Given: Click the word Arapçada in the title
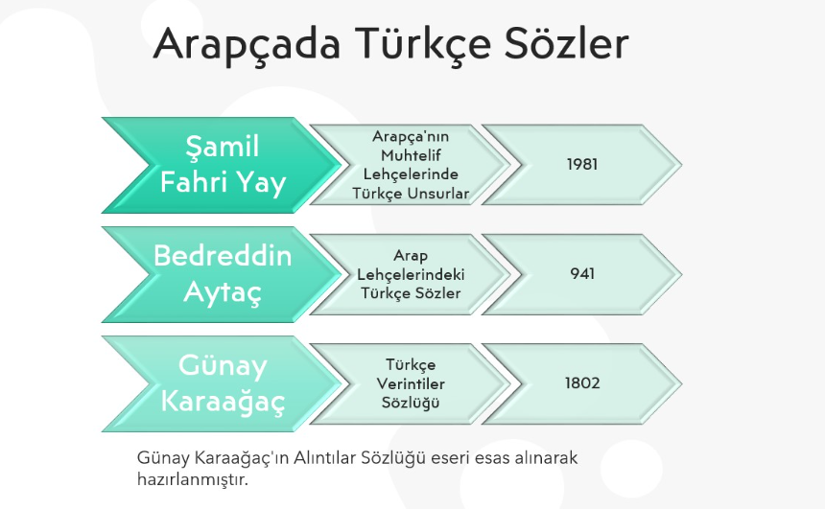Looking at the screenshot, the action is (x=247, y=44).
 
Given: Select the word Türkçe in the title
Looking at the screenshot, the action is (x=422, y=43).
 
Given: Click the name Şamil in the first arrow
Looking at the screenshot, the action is (x=223, y=146).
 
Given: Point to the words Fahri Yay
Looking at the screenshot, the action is (x=223, y=183).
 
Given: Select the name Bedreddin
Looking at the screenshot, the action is (x=223, y=256).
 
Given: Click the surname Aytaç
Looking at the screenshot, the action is (x=223, y=291).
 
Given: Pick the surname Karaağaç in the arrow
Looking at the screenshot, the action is (x=223, y=402).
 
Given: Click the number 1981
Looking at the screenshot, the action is (x=582, y=164).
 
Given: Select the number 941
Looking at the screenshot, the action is (x=582, y=273).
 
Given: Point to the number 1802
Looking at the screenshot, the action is (x=582, y=382).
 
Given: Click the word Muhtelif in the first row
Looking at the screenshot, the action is (x=411, y=155).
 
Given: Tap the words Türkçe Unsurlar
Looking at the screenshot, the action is (x=411, y=194).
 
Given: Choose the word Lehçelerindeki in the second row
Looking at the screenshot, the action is (x=411, y=274).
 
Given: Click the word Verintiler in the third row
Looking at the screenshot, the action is (x=411, y=383).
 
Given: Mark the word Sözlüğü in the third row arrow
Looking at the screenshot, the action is (x=411, y=403).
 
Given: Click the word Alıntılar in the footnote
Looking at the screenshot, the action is (x=324, y=457).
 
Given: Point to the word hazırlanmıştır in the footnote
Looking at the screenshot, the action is (x=192, y=479).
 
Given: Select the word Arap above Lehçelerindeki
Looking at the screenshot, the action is (x=411, y=256).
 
